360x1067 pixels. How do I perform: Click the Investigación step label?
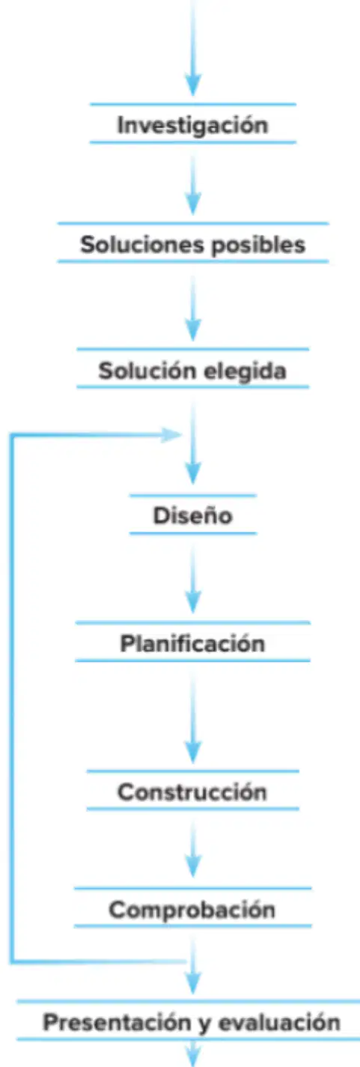pyautogui.click(x=193, y=125)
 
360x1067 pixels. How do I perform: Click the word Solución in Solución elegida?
pyautogui.click(x=147, y=371)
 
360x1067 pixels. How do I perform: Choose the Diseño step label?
pyautogui.click(x=193, y=515)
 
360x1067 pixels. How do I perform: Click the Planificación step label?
pyautogui.click(x=192, y=643)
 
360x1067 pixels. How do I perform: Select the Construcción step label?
pyautogui.click(x=192, y=791)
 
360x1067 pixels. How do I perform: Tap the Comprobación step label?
pyautogui.click(x=192, y=910)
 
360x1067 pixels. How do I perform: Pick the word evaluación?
pyautogui.click(x=279, y=1022)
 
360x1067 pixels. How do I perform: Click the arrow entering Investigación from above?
pyautogui.click(x=193, y=48)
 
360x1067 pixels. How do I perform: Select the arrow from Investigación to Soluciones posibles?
pyautogui.click(x=193, y=185)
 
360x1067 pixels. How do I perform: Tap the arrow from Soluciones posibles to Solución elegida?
pyautogui.click(x=193, y=308)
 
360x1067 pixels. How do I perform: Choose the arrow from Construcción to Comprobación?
pyautogui.click(x=193, y=850)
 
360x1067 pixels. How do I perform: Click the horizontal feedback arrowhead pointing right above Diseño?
pyautogui.click(x=171, y=434)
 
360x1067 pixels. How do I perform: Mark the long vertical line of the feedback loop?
pyautogui.click(x=11, y=699)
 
